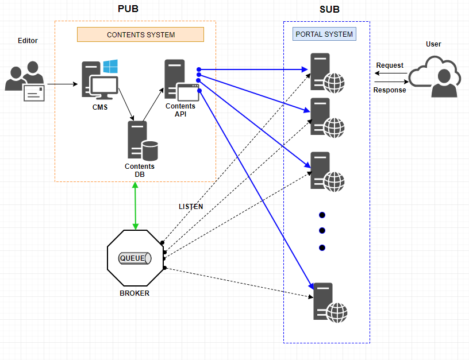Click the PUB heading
pos(128,9)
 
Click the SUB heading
pos(330,9)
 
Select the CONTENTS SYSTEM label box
pos(141,34)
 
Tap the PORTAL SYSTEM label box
pos(324,34)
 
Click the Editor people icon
pos(25,81)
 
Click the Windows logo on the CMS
pos(111,67)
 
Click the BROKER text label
pos(134,293)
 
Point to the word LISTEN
pos(191,207)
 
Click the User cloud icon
pos(435,75)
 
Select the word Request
pos(390,65)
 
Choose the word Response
pos(390,90)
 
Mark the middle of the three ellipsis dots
pos(322,231)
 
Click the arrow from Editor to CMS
pos(62,84)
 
